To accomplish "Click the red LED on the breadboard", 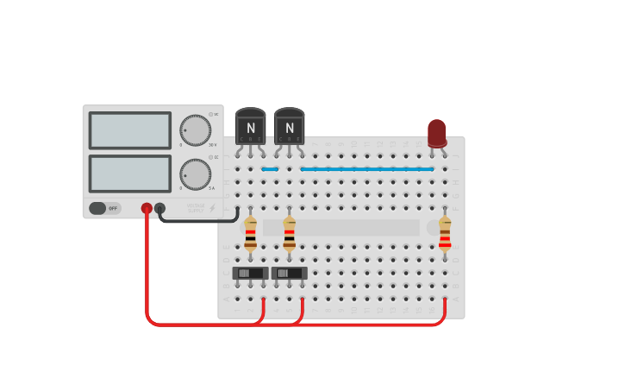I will pos(437,132).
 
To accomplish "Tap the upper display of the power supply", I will pos(130,130).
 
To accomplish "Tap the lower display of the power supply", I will pos(130,173).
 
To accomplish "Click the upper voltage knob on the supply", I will pos(195,130).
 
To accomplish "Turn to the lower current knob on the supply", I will pos(195,174).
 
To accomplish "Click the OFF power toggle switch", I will pos(104,208).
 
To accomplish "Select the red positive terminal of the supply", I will pos(147,208).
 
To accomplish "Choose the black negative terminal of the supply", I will pos(159,208).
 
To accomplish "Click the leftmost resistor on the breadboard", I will pos(250,234).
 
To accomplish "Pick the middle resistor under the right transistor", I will pos(289,234).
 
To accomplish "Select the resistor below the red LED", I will pos(445,234).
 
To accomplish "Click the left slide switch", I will pos(250,273).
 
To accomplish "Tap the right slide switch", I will pos(289,273).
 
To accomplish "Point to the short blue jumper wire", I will pos(270,169).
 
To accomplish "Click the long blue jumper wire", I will pos(366,169).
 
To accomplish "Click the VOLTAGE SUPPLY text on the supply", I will pos(196,207).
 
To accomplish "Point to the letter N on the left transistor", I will pos(250,128).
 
